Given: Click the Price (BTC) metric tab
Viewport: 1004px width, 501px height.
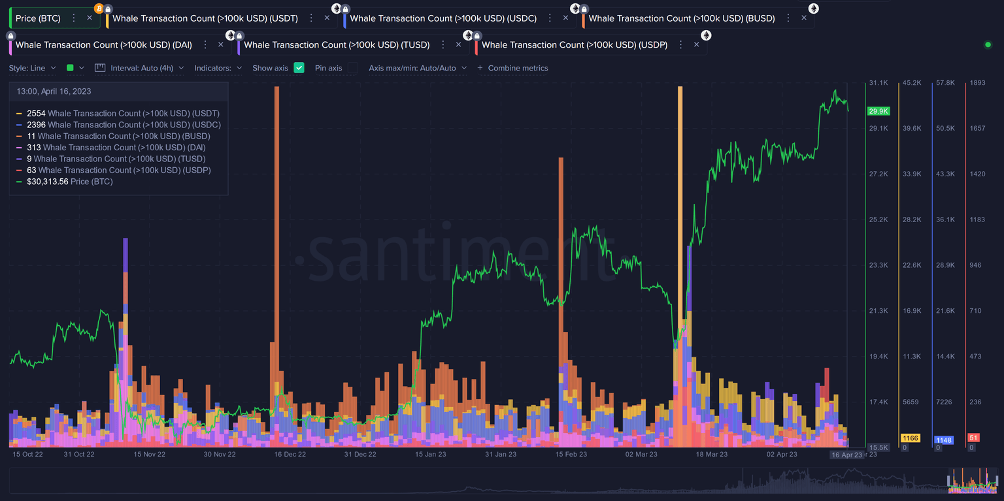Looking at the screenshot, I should [38, 18].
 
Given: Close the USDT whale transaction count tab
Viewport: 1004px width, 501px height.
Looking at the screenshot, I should [327, 18].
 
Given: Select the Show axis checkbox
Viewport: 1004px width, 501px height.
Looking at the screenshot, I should [299, 68].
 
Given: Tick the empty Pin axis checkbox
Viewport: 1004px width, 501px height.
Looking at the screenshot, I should [352, 68].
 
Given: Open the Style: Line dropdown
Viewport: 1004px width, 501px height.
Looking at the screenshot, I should [33, 68].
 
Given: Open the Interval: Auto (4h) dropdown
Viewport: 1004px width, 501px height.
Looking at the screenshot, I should [140, 68].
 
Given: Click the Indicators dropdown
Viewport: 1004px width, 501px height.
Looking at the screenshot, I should [218, 68].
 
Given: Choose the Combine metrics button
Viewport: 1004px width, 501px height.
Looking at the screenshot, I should [512, 68].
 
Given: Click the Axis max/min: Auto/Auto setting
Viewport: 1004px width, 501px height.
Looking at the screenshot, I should [418, 68].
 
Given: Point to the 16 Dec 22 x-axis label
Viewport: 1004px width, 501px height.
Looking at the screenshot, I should [290, 454].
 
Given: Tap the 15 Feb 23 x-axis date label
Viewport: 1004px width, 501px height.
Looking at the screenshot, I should [571, 454].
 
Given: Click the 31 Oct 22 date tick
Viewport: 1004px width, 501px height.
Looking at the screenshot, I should [79, 454].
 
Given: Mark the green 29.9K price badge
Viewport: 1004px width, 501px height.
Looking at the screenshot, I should [877, 111].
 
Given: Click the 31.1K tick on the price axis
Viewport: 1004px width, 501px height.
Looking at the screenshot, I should [878, 83].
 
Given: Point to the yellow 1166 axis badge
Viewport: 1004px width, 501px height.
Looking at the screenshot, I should [910, 438].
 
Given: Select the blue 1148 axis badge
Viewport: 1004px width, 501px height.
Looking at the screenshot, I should [944, 440].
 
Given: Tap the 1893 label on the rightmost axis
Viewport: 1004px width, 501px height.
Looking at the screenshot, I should [977, 83].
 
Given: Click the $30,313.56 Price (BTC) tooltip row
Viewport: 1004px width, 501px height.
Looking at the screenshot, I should [69, 182].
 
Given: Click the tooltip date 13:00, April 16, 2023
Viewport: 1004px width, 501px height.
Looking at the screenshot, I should [54, 91].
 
